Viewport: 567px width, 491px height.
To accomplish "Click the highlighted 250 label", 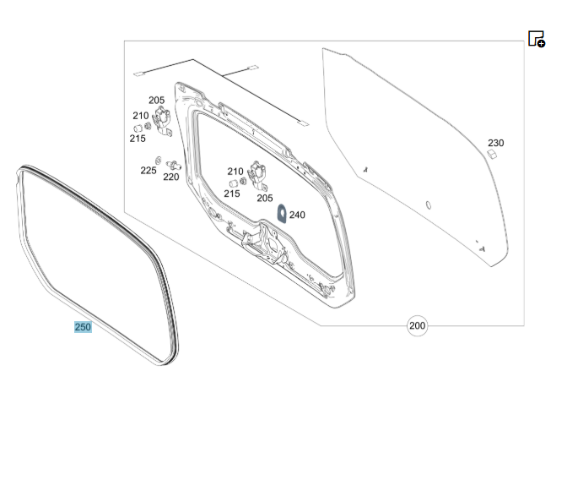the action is point(83,327).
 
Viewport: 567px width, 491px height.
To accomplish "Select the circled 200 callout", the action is point(417,325).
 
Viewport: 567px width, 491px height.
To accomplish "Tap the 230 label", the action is point(496,143).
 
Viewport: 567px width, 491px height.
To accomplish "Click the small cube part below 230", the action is point(492,155).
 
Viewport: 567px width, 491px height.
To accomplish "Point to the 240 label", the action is point(297,215).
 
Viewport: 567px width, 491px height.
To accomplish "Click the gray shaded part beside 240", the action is point(282,214).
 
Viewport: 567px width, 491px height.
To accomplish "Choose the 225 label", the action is point(148,171).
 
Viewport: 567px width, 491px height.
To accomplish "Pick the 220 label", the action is point(171,177).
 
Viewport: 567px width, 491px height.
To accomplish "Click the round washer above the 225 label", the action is point(158,161).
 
